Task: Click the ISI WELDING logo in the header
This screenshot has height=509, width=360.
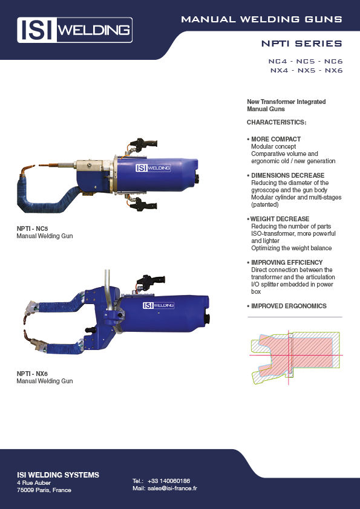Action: [x=74, y=30]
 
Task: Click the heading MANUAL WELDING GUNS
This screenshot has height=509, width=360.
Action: [x=261, y=20]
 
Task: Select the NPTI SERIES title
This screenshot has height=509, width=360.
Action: [x=301, y=44]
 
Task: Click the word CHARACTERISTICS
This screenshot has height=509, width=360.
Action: [x=277, y=122]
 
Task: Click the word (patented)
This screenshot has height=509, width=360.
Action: [x=266, y=204]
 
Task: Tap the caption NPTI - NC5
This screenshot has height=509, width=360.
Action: [x=32, y=229]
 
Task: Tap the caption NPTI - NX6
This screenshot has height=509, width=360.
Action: [x=32, y=374]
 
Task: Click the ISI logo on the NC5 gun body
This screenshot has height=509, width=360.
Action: [x=153, y=168]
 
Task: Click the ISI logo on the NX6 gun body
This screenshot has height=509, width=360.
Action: [x=159, y=305]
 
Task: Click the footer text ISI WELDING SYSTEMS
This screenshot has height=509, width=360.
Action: [x=57, y=475]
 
